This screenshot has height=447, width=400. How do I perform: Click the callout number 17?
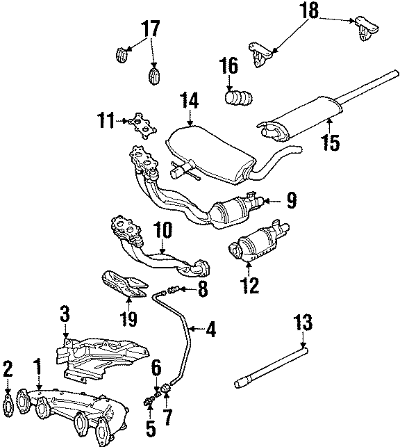[x=151, y=29]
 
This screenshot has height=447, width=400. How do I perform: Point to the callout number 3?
[x=64, y=314]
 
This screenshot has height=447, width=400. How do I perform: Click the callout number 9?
[x=290, y=202]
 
